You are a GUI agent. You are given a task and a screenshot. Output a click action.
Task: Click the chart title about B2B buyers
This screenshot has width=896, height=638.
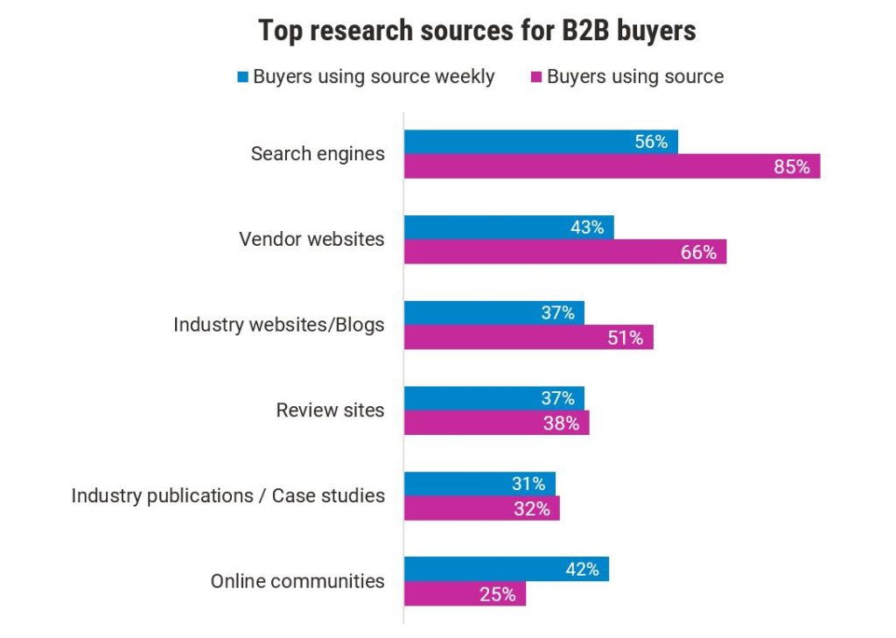pyautogui.click(x=477, y=32)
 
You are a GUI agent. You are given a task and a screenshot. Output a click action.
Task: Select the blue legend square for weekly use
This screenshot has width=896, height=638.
pyautogui.click(x=242, y=76)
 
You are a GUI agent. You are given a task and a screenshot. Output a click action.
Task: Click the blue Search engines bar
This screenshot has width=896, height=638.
pyautogui.click(x=541, y=142)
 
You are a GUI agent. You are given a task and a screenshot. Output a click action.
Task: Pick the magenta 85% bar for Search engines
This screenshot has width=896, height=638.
pyautogui.click(x=612, y=166)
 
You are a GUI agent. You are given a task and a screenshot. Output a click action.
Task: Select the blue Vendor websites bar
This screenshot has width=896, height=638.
pyautogui.click(x=508, y=228)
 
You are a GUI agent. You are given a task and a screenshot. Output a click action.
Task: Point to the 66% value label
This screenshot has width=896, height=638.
pyautogui.click(x=698, y=252)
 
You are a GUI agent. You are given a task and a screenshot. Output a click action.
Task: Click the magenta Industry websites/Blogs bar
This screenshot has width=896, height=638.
pyautogui.click(x=528, y=338)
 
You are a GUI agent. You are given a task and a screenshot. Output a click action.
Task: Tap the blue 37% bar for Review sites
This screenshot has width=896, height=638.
pyautogui.click(x=493, y=398)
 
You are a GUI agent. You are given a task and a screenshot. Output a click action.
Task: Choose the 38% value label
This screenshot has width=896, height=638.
pyautogui.click(x=561, y=424)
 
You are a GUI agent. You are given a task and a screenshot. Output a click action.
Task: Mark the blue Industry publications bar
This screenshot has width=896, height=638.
pyautogui.click(x=479, y=484)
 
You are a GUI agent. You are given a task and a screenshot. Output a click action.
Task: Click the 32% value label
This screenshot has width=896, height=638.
pyautogui.click(x=531, y=508)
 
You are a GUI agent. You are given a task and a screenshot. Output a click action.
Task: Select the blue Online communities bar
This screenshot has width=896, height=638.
pyautogui.click(x=506, y=569)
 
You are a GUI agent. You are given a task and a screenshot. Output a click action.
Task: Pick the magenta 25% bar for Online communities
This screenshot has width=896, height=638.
pyautogui.click(x=465, y=594)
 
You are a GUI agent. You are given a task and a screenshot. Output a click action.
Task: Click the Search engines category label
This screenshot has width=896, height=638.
pyautogui.click(x=318, y=154)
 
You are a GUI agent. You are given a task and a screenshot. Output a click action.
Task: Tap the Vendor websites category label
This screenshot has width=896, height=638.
pyautogui.click(x=311, y=239)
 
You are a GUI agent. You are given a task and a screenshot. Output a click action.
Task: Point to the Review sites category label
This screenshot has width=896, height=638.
pyautogui.click(x=330, y=410)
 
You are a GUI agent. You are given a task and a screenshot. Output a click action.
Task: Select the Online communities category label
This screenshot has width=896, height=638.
pyautogui.click(x=297, y=581)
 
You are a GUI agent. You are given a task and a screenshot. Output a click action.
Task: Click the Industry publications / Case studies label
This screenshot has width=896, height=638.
pyautogui.click(x=227, y=495)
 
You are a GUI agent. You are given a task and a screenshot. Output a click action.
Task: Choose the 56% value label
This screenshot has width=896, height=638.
pyautogui.click(x=651, y=142)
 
